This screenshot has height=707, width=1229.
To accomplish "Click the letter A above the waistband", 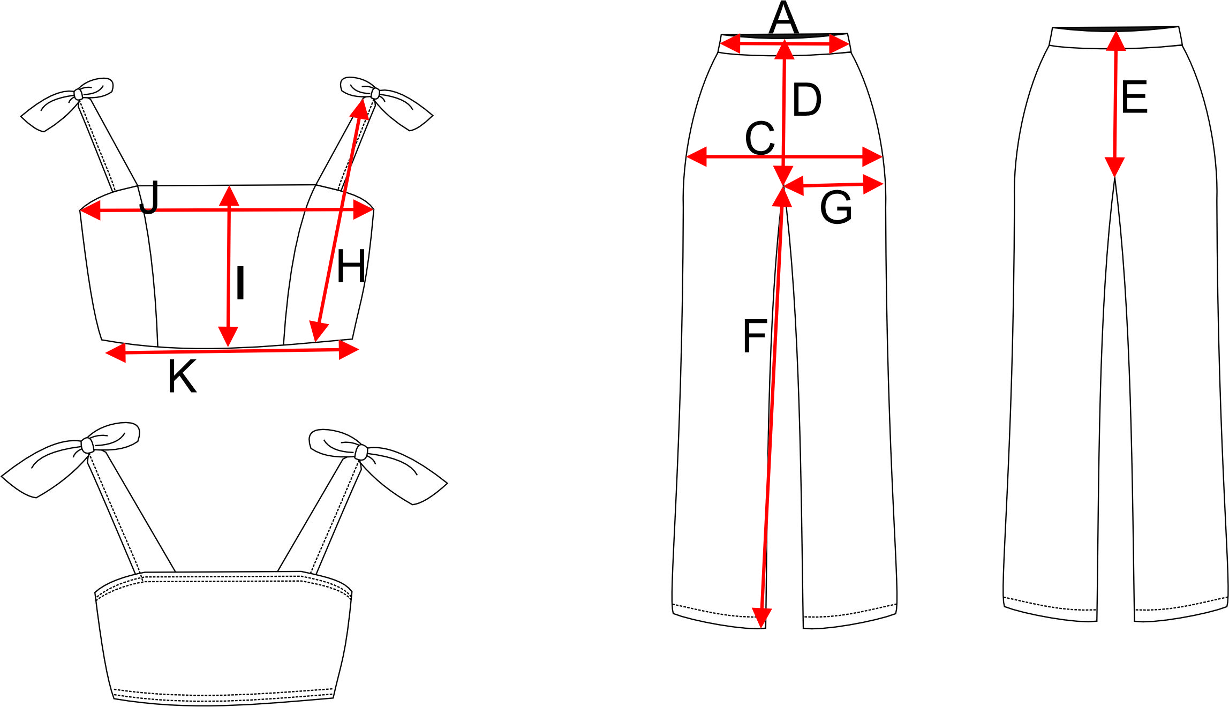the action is [x=783, y=18].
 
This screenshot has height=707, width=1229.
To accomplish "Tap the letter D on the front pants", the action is [x=806, y=100].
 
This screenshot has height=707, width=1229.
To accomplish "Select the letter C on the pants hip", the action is [x=760, y=138].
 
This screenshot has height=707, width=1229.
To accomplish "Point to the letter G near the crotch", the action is [x=836, y=207].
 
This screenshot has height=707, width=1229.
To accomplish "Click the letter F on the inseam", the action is [x=755, y=335].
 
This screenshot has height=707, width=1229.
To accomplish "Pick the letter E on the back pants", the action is [x=1134, y=97].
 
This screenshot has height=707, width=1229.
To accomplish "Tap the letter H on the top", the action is [x=351, y=266].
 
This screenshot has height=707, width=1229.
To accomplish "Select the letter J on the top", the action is [x=149, y=197].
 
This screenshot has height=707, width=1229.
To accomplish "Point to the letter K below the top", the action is [x=182, y=377].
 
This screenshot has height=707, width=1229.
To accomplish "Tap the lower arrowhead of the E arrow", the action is [x=1114, y=167].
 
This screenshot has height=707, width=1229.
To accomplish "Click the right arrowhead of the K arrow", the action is [x=349, y=350].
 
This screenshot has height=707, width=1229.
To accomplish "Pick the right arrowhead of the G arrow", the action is [x=873, y=184].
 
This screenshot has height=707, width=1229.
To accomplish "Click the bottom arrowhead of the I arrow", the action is [x=228, y=337].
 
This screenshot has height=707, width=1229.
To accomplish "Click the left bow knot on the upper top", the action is [x=78, y=94].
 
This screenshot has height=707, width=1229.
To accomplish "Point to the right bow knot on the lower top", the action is [x=361, y=452].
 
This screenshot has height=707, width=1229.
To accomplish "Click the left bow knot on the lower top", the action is [x=87, y=445].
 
